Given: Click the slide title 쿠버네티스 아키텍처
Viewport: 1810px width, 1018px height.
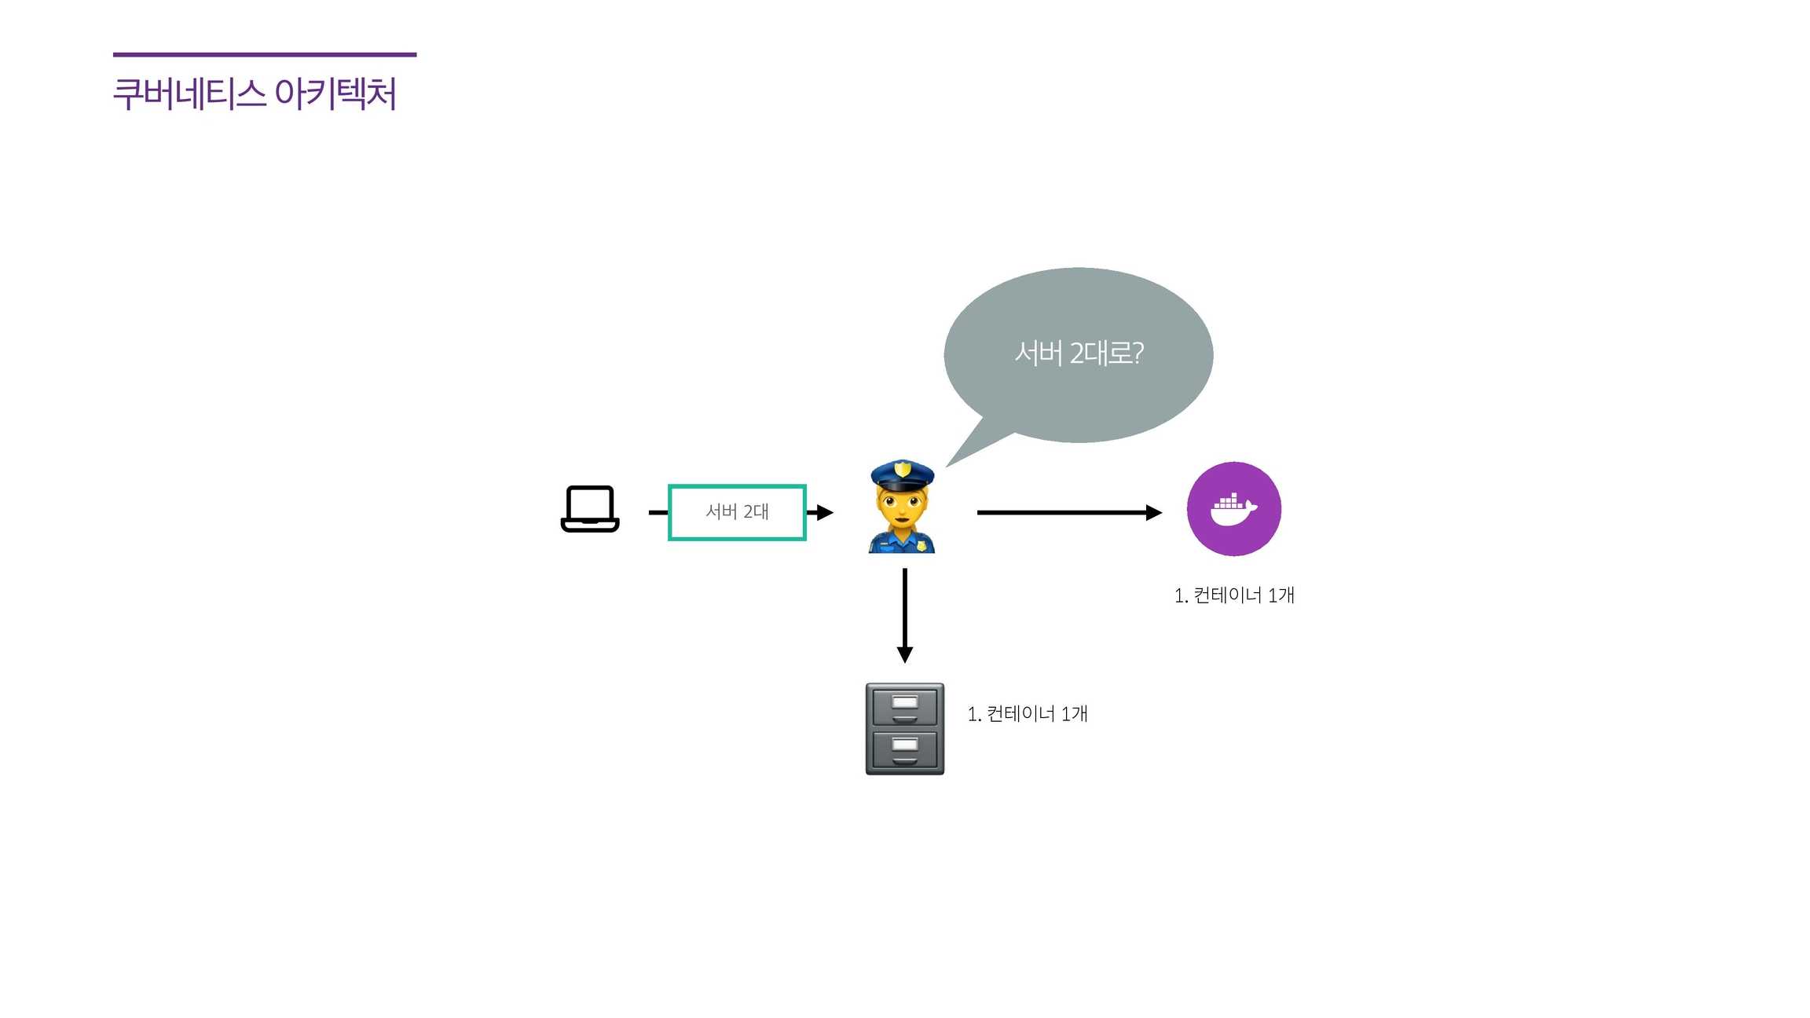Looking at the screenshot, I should coord(255,94).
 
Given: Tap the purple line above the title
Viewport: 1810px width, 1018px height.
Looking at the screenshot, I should coord(265,54).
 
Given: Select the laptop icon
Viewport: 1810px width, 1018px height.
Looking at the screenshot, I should coord(590,509).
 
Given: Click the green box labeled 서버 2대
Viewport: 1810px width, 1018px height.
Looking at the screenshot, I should coord(737,512).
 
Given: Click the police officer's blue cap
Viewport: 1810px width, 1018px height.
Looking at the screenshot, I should coord(902,474).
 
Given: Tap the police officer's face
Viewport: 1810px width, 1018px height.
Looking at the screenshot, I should coord(903,507).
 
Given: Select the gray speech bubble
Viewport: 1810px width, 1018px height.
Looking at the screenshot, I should coord(1079,353).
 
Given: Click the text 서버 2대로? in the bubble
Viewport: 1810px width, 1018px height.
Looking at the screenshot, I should coord(1079,353).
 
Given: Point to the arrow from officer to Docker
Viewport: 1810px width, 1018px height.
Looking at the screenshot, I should coord(1068,512).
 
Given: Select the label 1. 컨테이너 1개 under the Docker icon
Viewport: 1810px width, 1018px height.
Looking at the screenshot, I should coord(1234,595).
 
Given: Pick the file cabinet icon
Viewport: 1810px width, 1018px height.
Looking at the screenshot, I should coord(905,729).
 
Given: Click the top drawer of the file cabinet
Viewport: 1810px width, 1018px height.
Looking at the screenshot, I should coord(905,705).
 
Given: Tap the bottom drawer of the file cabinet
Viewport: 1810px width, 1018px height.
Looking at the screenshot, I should coord(905,749).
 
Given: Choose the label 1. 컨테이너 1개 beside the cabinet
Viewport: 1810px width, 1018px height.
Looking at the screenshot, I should coord(1028,713).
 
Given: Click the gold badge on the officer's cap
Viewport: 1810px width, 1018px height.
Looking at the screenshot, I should coord(903,469).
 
